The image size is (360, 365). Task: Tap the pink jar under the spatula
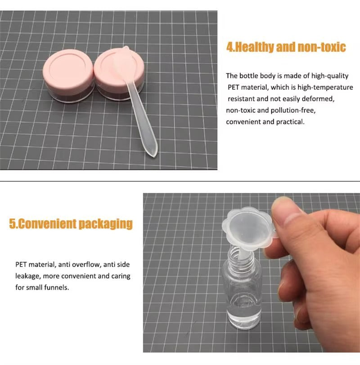[x=119, y=75]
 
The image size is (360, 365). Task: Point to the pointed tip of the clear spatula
[x=154, y=156]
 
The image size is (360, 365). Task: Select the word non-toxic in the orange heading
[x=322, y=47]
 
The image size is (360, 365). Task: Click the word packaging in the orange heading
[x=106, y=224]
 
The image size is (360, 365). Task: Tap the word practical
[x=290, y=122]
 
